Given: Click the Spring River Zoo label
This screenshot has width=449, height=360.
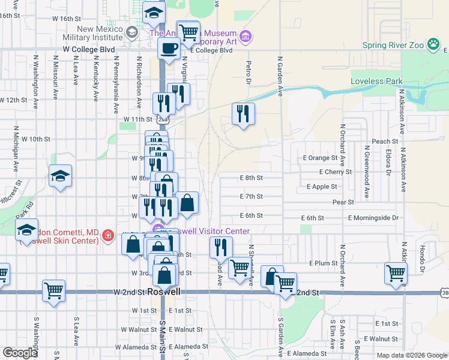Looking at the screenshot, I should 393,45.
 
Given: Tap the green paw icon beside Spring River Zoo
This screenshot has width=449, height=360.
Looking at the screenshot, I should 432,44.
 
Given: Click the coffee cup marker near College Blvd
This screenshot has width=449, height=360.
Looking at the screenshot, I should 169,47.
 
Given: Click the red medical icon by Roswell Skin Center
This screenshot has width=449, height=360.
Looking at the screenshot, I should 108,236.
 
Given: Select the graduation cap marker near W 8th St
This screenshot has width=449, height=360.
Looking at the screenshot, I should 60,176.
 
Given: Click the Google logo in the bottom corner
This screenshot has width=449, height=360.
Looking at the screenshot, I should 19,353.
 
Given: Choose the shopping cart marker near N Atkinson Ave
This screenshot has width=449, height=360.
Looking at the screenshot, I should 396,274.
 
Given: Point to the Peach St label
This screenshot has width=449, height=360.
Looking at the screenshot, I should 381,142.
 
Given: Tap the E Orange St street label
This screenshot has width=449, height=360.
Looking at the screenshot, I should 321,158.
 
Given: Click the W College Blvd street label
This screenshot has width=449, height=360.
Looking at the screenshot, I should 88,49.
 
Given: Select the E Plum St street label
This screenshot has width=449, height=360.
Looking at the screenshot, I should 324,263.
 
